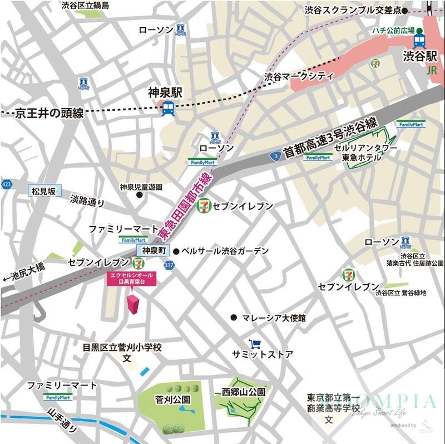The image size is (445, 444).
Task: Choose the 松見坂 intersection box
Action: pyautogui.click(x=44, y=191)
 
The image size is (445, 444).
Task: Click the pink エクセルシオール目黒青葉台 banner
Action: pyautogui.click(x=131, y=279)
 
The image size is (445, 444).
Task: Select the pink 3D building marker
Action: pyautogui.click(x=133, y=306)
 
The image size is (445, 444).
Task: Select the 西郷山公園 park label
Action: pyautogui.click(x=243, y=392)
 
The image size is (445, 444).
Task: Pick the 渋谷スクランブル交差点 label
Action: pyautogui.click(x=352, y=10)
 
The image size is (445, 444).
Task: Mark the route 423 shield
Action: pyautogui.click(x=6, y=184)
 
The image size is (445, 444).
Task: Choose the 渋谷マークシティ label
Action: pyautogui.click(x=298, y=76)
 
